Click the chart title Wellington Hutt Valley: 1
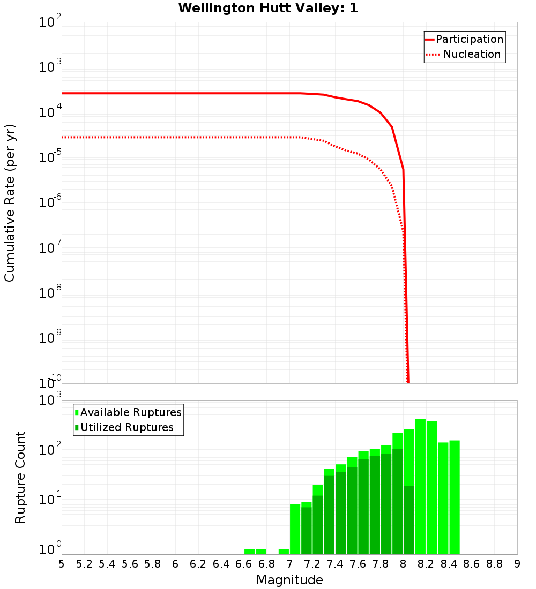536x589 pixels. click(x=268, y=8)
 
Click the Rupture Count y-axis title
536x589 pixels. click(x=20, y=477)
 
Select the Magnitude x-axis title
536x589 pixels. click(x=289, y=580)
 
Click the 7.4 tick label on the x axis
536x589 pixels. click(x=335, y=564)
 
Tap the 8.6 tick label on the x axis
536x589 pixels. click(x=472, y=564)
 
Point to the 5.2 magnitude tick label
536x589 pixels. click(x=84, y=564)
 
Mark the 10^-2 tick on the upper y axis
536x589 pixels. click(x=50, y=23)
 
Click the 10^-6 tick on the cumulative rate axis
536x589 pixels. click(x=50, y=203)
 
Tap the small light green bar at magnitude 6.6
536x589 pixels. click(x=249, y=552)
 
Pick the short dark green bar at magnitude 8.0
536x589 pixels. click(x=409, y=519)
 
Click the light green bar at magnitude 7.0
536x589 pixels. click(x=295, y=529)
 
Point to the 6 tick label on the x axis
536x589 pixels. click(x=175, y=564)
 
